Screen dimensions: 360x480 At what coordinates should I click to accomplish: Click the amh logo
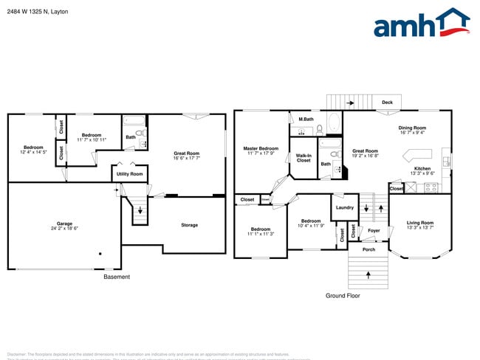click(x=422, y=24)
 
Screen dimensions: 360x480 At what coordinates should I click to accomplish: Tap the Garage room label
click(x=64, y=224)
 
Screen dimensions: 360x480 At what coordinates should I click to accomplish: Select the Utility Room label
click(x=130, y=174)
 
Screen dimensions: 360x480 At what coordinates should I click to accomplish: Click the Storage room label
click(x=189, y=225)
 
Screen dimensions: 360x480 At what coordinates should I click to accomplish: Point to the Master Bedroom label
click(x=261, y=148)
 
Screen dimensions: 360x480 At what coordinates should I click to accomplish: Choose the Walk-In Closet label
click(x=304, y=158)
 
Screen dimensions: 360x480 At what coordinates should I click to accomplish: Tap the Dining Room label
click(x=412, y=128)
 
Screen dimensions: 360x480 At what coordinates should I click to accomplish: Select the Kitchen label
click(x=422, y=169)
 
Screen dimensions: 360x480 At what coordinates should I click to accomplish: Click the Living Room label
click(x=420, y=222)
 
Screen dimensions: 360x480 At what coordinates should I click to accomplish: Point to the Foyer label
click(x=374, y=231)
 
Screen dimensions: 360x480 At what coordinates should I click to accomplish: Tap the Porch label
click(x=368, y=249)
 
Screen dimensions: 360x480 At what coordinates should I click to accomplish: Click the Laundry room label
click(x=344, y=208)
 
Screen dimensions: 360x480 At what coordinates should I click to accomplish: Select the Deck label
click(x=386, y=102)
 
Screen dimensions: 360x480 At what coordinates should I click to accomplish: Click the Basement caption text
click(x=117, y=277)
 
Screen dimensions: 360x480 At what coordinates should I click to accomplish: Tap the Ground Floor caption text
click(x=343, y=295)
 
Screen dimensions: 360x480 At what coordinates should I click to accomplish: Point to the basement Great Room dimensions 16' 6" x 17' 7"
click(x=187, y=157)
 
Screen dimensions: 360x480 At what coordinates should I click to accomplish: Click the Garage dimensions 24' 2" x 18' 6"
click(x=64, y=228)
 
